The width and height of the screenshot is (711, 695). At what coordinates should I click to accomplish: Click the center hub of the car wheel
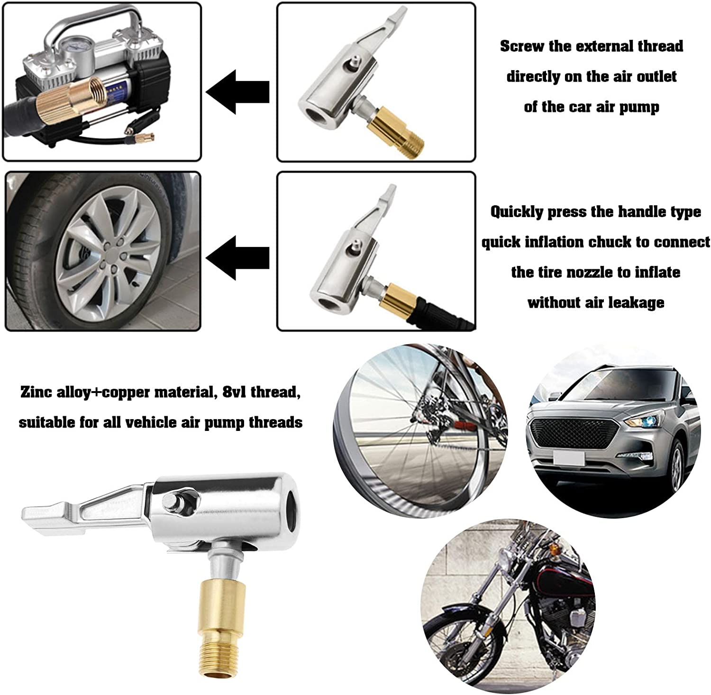[x=110, y=249]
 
